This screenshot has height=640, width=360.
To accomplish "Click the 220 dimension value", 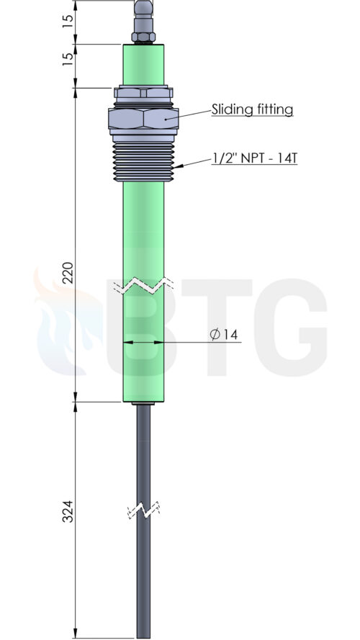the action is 68,272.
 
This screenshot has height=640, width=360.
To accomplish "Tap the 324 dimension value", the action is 68,511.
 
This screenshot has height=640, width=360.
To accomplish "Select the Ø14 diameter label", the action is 224,335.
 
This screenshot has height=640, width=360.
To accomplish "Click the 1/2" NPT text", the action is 237,158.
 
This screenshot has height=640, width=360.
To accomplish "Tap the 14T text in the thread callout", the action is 287,158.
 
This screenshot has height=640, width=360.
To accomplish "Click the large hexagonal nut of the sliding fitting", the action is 143,118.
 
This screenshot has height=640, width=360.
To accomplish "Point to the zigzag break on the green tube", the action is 143,285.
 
